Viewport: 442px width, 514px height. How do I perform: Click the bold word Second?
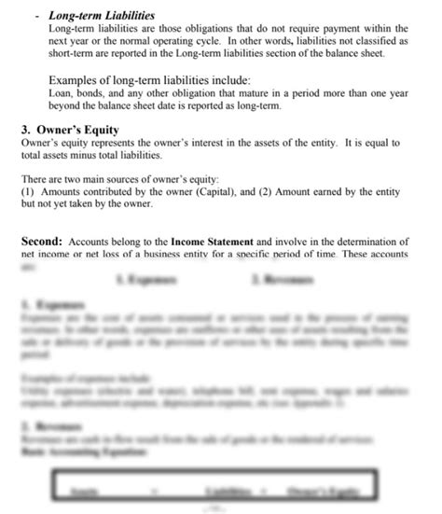43,241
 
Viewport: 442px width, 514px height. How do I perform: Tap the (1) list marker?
28,189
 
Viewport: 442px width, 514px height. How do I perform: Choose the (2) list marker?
263,189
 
